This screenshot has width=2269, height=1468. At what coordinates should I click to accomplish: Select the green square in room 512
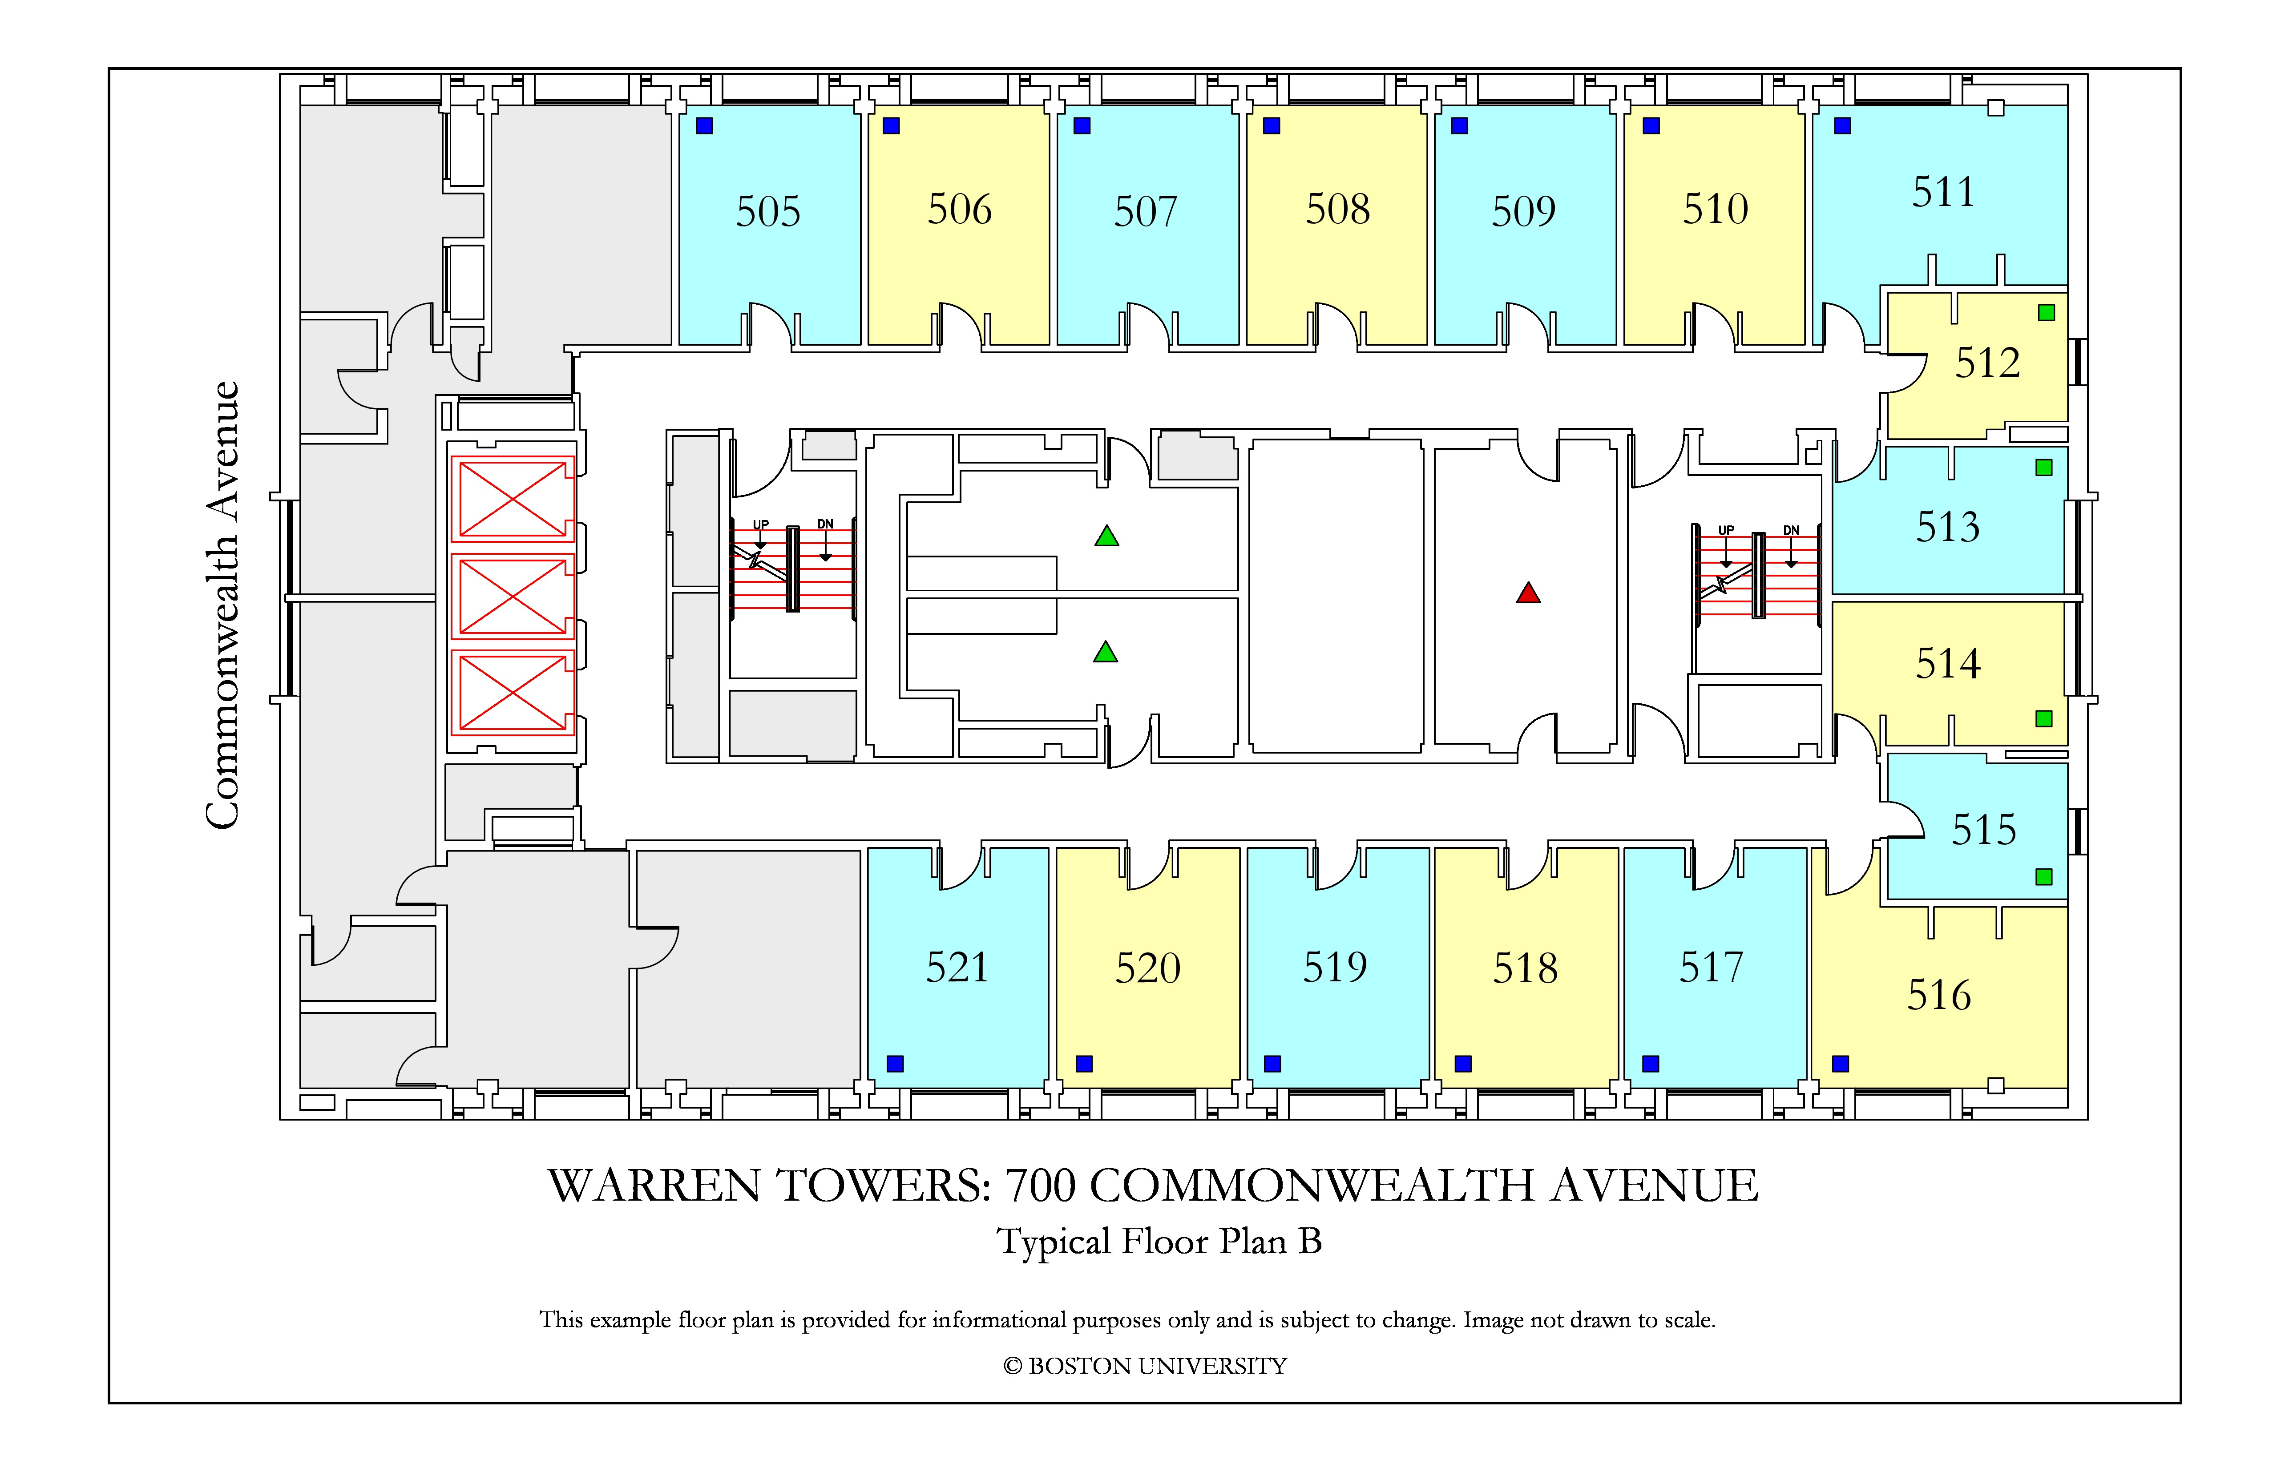pos(2046,313)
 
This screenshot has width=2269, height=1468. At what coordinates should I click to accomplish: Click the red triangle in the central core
pos(1528,594)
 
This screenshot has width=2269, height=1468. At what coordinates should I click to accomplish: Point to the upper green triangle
pos(1107,536)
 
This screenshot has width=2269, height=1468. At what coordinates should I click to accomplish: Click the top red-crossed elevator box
pos(513,499)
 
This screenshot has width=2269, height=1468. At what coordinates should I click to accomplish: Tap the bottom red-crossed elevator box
pos(513,692)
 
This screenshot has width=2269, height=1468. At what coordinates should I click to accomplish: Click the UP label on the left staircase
pos(761,524)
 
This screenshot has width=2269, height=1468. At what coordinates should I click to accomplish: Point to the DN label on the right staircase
pos(1791,530)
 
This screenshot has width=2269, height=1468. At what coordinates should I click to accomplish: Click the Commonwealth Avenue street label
pos(222,605)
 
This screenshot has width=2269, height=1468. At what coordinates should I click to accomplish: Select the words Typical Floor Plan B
pos(1159,1241)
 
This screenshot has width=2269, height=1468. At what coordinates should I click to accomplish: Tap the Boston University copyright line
pos(1145,1366)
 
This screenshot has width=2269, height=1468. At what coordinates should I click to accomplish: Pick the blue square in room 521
pos(895,1064)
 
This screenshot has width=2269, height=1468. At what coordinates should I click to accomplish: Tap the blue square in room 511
pos(1843,126)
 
